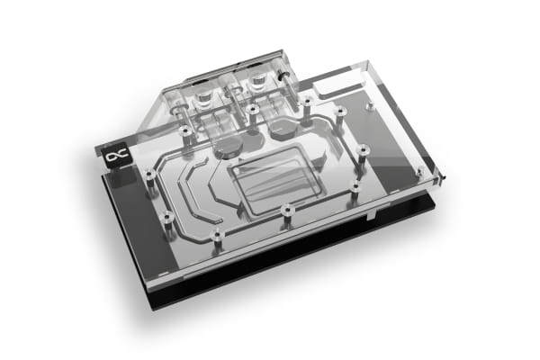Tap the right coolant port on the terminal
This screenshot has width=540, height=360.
click(262, 80)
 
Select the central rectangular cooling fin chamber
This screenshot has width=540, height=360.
click(266, 179)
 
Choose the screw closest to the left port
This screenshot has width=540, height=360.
click(184, 133)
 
